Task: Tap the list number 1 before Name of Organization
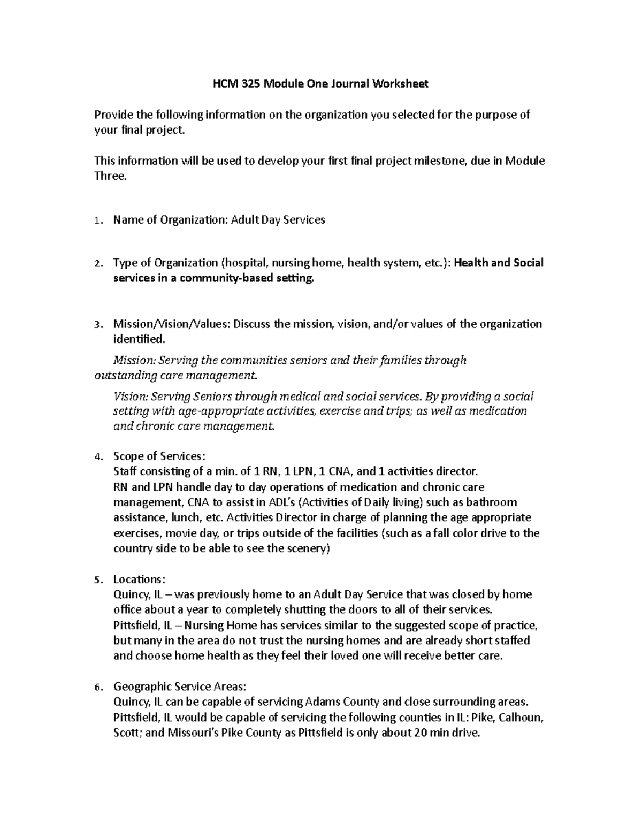(96, 220)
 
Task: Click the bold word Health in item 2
(473, 263)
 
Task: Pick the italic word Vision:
(131, 397)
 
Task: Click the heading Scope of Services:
(159, 456)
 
